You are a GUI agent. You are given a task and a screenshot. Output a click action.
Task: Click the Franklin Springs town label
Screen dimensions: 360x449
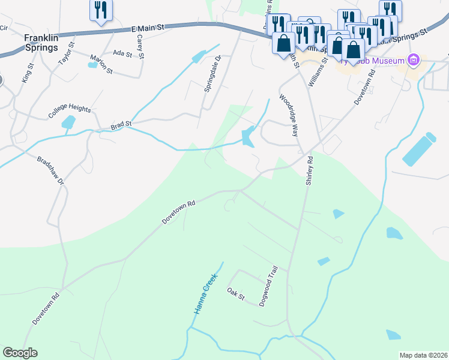(x=41, y=42)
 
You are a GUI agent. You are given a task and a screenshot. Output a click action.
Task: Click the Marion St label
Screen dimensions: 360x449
(x=101, y=64)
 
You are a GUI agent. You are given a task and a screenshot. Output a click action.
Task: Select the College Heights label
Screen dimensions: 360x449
(x=70, y=110)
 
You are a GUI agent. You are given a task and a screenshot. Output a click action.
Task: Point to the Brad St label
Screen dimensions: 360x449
(x=121, y=125)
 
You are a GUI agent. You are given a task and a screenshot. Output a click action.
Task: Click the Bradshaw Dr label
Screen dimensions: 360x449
(x=50, y=172)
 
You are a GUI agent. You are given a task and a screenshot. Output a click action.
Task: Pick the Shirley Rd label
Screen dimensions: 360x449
(x=310, y=170)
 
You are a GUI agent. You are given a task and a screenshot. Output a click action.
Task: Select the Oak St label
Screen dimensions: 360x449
(x=236, y=295)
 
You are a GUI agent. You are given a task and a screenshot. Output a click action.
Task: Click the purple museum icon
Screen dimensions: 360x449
(x=412, y=60)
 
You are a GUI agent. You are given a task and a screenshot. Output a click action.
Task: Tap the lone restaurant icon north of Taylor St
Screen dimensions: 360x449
(x=100, y=10)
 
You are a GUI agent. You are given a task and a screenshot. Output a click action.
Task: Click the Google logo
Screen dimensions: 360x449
(x=20, y=353)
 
